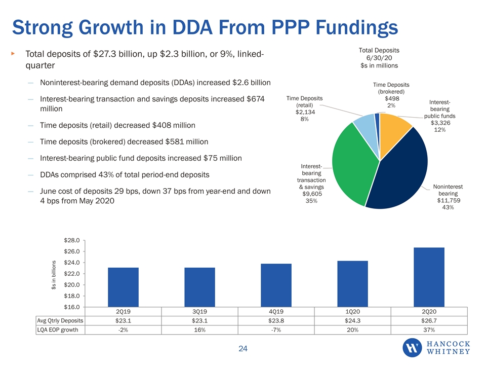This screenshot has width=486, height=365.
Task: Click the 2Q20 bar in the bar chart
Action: pos(429,277)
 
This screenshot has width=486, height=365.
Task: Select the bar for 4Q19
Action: pos(276,285)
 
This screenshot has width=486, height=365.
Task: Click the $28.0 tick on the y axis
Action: pos(72,240)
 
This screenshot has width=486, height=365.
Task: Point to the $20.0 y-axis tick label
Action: pos(72,284)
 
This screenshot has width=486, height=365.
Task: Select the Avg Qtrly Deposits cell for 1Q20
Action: pos(352,320)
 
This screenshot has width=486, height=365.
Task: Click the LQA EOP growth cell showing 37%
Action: pos(429,330)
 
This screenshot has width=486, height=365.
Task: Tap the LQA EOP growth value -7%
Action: pos(276,330)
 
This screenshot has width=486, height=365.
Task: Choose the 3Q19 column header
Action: pos(199,311)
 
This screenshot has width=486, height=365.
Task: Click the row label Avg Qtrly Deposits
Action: pos(60,320)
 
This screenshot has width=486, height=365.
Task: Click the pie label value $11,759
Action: pos(449,200)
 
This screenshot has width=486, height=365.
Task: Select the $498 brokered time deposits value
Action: pos(392,98)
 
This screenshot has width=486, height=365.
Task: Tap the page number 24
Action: pos(243,349)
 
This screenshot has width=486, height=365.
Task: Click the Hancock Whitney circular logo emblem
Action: pos(412,348)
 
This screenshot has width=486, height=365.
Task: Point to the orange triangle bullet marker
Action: pos(13,54)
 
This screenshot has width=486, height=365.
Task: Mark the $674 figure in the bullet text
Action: pos(255,99)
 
